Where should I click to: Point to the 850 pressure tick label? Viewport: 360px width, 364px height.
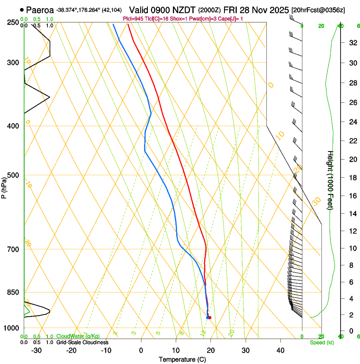pos(13,292)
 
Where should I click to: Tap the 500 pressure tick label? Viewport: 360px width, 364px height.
pos(13,175)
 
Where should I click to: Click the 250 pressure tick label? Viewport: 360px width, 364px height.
pos(13,22)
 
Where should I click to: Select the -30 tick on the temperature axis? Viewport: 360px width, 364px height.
pos(36,350)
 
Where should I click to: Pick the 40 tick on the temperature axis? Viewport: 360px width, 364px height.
pos(280,350)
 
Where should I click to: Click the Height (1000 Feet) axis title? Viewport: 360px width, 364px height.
pos(330,180)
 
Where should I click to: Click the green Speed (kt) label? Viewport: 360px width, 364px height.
pos(321,342)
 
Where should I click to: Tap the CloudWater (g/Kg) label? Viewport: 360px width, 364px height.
pos(78,336)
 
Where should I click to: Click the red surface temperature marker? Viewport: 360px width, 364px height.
pos(210,317)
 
